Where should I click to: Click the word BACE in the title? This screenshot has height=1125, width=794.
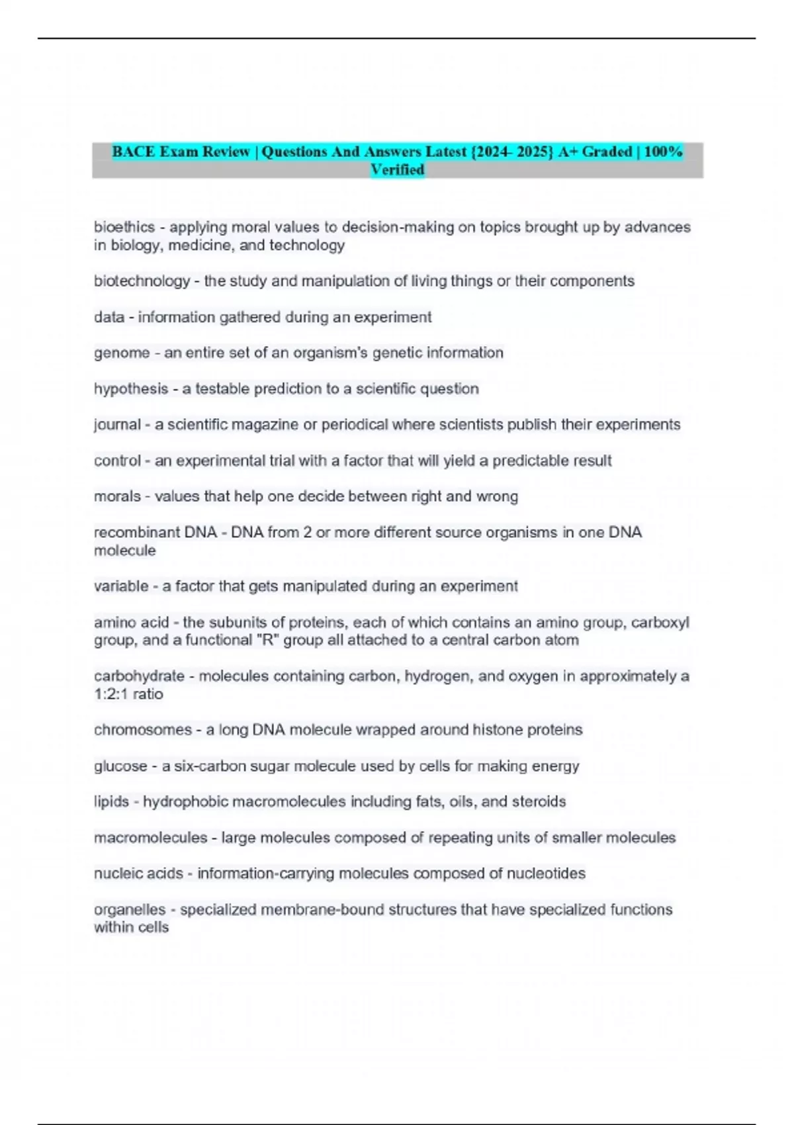pos(133,152)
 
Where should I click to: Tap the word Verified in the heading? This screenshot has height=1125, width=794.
pos(397,170)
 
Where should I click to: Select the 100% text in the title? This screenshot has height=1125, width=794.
pos(663,152)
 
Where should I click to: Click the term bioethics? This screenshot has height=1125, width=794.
pos(124,227)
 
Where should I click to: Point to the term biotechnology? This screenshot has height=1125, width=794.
pos(142,281)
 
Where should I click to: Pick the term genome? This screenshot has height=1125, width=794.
pos(122,353)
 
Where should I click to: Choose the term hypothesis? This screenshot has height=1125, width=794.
pos(131,388)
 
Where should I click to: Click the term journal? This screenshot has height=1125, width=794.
pos(117,425)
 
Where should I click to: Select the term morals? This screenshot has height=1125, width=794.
pos(117,496)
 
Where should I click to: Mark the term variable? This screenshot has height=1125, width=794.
pos(121,586)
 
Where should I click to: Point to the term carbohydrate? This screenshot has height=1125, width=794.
pos(139,676)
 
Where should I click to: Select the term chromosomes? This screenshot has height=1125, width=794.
pos(142,730)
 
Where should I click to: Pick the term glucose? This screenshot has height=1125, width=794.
pos(120,766)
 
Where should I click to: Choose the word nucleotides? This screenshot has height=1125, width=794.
pos(546,874)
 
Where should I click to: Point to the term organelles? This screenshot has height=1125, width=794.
pos(129,910)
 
